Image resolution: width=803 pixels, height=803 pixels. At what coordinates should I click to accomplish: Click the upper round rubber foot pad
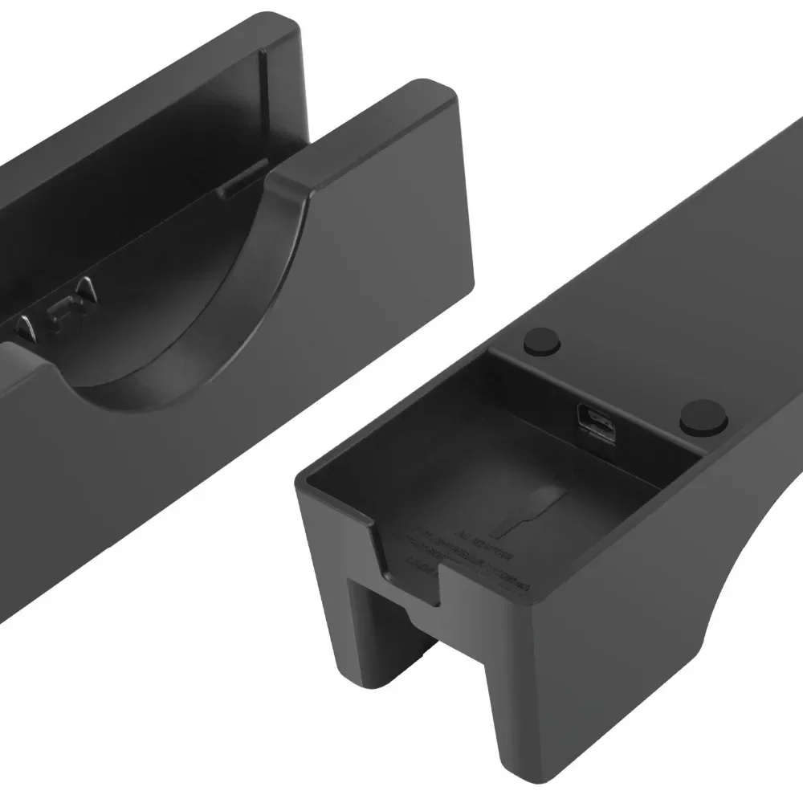point(541,342)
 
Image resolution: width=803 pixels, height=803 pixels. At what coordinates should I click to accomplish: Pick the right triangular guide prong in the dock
point(83,289)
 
